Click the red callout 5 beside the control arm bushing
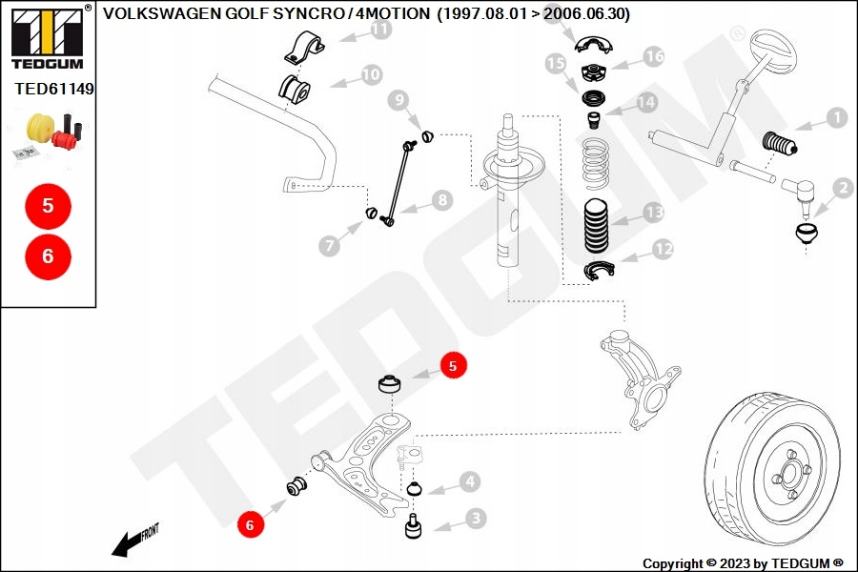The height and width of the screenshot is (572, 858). tap(453, 365)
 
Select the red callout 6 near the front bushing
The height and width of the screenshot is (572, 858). tap(250, 523)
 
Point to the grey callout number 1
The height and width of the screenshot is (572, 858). tap(835, 118)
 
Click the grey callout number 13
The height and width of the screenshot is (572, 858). tap(653, 212)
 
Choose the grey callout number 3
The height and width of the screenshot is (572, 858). tap(474, 519)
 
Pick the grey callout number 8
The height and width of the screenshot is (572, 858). tap(440, 200)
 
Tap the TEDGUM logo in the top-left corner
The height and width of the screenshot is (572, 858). tap(47, 38)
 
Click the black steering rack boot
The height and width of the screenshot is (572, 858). tap(781, 146)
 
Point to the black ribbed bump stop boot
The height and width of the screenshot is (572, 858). tap(598, 227)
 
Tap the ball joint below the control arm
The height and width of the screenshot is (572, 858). tap(415, 526)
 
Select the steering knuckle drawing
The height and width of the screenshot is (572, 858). tap(639, 377)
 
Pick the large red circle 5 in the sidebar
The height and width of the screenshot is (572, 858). tap(48, 205)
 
